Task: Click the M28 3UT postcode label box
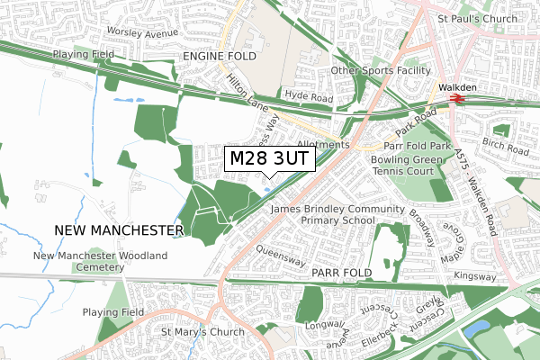[x=269, y=159]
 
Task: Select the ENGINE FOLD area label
[x=219, y=57]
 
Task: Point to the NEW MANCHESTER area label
[x=119, y=230]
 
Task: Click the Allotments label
[x=320, y=144]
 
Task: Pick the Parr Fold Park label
[x=417, y=145]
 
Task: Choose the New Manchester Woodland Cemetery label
[x=100, y=262]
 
